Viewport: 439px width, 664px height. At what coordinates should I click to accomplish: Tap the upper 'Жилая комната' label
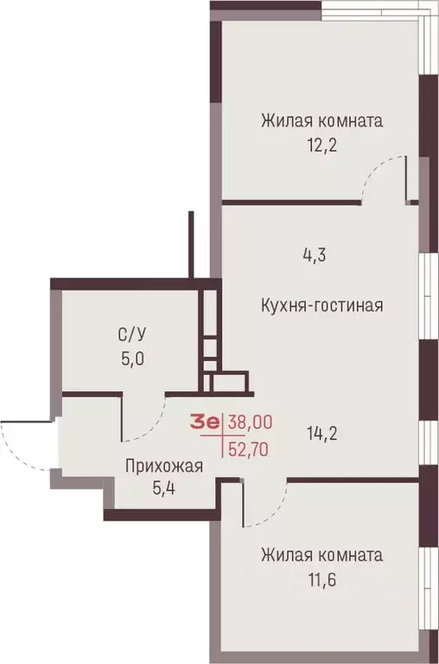(x=321, y=120)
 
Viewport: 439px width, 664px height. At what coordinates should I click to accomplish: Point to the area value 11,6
(x=320, y=578)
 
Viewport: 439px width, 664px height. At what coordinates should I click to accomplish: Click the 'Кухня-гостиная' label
(x=321, y=305)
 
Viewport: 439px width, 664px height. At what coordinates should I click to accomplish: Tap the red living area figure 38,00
(x=251, y=422)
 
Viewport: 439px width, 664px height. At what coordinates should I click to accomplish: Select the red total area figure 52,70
(x=251, y=448)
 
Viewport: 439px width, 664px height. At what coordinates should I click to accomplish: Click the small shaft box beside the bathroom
(x=227, y=381)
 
